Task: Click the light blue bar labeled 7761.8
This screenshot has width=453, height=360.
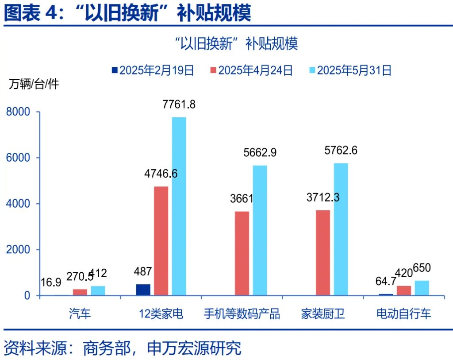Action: click(x=179, y=206)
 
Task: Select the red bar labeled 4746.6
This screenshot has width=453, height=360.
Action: click(x=161, y=241)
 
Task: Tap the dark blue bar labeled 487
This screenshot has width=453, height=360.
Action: click(x=143, y=290)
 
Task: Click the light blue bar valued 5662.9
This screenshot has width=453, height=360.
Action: click(x=260, y=230)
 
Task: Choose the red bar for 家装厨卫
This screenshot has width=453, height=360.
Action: click(x=323, y=252)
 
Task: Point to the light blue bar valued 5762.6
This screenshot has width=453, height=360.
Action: click(x=341, y=229)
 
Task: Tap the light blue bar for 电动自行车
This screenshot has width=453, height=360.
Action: click(x=422, y=288)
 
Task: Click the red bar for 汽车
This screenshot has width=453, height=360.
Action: click(x=80, y=292)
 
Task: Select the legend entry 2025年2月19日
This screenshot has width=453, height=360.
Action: click(x=152, y=70)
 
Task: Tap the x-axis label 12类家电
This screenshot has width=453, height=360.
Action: click(x=161, y=314)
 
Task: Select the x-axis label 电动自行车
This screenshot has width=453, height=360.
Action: click(x=403, y=314)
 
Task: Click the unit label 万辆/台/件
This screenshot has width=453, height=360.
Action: click(x=34, y=85)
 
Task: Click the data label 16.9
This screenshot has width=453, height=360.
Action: click(x=50, y=282)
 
